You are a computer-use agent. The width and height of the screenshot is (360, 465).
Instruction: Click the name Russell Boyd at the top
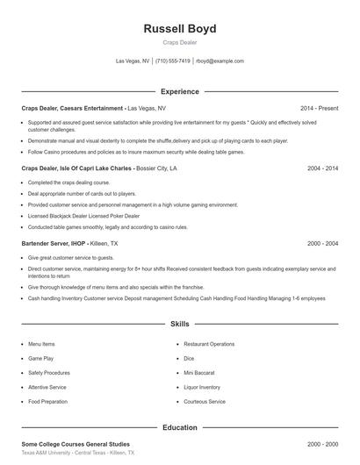coord(179,29)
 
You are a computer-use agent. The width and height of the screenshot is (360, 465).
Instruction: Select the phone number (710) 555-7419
coord(172,61)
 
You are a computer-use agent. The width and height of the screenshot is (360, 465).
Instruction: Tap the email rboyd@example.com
coord(220,61)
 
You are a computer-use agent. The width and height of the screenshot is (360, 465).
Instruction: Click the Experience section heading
coord(179,91)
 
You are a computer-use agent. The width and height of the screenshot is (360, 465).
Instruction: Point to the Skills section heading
coord(179,324)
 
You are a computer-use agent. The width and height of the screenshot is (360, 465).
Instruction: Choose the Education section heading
coord(179,427)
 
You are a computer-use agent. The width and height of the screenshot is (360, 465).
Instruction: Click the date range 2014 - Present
coord(319,108)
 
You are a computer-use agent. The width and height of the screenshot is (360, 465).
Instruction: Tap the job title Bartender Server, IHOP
coord(58,243)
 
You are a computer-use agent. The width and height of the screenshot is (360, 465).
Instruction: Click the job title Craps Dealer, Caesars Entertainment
coord(72,108)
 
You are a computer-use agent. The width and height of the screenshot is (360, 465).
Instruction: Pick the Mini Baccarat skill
coord(201,373)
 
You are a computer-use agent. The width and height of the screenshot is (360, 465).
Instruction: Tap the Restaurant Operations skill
coord(209,344)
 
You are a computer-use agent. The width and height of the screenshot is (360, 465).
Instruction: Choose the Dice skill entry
coord(189,358)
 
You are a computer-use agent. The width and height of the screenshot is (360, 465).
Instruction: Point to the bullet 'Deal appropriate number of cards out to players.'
coord(82,193)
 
